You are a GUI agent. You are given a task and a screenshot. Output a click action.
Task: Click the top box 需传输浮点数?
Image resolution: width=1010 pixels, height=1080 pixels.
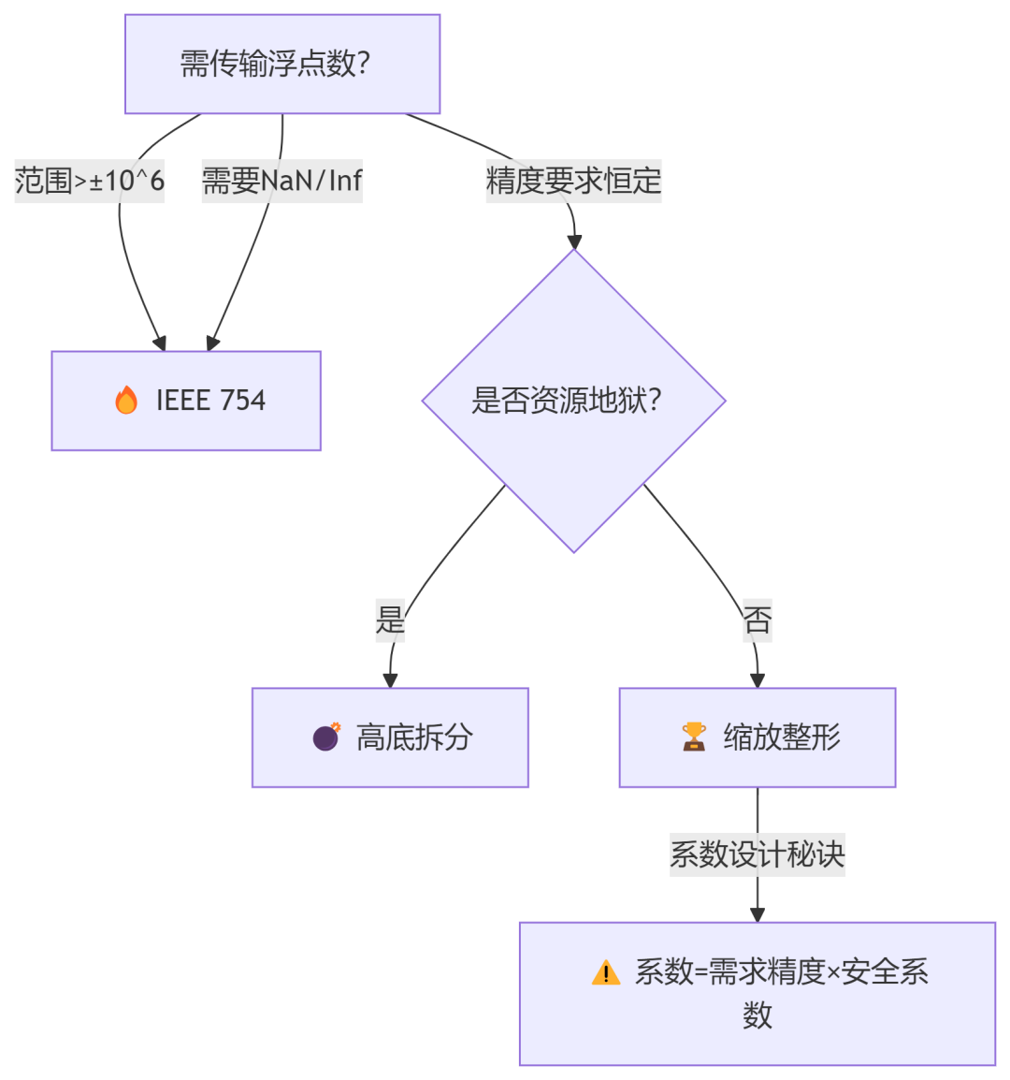tap(281, 64)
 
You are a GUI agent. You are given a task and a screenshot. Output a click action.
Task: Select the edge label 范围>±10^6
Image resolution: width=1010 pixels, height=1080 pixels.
tap(90, 181)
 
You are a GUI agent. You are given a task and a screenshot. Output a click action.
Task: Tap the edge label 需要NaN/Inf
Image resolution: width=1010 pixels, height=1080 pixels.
tap(281, 181)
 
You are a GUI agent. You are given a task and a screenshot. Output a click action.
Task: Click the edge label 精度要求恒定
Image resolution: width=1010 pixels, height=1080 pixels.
tap(573, 181)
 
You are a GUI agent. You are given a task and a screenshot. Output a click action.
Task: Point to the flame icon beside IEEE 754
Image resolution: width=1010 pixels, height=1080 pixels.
tap(126, 401)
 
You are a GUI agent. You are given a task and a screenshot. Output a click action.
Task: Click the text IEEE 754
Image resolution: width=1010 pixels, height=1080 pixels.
tap(210, 401)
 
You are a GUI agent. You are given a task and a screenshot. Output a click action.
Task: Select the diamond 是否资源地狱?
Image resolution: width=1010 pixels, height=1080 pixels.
tap(573, 401)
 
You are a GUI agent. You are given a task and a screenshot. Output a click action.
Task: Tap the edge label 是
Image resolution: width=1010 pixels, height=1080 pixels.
tap(390, 620)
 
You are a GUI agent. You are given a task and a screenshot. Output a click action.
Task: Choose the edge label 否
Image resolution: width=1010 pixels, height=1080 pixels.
tap(757, 620)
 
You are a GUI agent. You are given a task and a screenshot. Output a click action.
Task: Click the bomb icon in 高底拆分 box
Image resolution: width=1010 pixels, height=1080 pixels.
tap(326, 737)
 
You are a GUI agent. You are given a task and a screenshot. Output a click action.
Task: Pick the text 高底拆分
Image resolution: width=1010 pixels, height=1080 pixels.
tap(414, 737)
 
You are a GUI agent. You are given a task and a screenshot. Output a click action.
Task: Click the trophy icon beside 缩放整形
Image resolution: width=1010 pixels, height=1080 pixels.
tap(694, 737)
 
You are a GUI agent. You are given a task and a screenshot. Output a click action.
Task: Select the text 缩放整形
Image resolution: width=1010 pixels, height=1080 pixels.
tap(782, 737)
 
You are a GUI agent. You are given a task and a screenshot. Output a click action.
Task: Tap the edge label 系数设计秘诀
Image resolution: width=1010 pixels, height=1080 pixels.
tap(757, 854)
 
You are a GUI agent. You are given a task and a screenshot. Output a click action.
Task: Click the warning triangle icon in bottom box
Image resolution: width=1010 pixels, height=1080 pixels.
tap(606, 973)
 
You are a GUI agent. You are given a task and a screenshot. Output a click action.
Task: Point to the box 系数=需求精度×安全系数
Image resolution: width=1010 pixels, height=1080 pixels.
tap(757, 993)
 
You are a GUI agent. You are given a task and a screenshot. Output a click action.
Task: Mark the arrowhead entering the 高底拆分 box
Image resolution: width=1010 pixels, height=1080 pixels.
tap(390, 680)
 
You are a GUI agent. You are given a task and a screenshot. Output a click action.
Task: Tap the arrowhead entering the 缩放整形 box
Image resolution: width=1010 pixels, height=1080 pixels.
tap(757, 680)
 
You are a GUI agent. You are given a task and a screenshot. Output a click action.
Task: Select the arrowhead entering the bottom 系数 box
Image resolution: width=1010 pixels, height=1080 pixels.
tap(757, 914)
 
